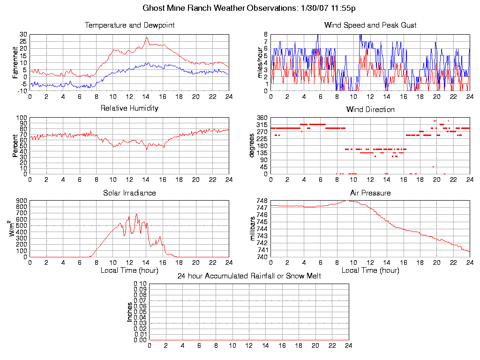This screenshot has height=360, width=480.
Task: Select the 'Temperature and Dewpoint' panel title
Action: [x=129, y=25]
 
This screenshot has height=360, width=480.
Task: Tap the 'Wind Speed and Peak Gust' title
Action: [x=370, y=25]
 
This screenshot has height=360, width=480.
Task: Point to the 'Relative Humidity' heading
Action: [x=129, y=108]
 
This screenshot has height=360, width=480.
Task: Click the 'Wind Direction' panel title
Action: [x=370, y=109]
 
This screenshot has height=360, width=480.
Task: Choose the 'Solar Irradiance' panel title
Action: [x=129, y=193]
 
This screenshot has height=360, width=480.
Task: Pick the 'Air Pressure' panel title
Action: [x=370, y=193]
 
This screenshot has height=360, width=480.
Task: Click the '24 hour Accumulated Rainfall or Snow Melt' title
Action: [x=249, y=276]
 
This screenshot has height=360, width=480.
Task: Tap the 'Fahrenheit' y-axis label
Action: [x=15, y=62]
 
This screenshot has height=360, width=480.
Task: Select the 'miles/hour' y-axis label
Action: [x=256, y=62]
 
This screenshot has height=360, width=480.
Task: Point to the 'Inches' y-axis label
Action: [x=130, y=312]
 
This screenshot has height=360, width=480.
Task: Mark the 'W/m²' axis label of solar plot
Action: [x=14, y=229]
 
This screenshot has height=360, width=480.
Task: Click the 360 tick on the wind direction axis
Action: [x=262, y=118]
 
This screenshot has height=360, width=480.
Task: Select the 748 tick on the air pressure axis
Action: [x=262, y=201]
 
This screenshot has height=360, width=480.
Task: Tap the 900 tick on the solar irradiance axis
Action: [x=22, y=201]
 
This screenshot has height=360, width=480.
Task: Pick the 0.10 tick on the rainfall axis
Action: [x=140, y=284]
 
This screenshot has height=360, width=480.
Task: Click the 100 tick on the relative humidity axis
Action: [x=22, y=118]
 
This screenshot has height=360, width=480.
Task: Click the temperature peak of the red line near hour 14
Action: [x=147, y=37]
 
